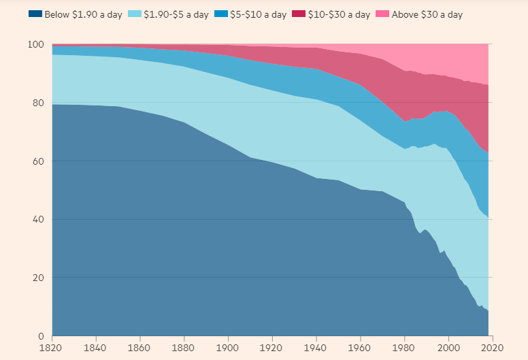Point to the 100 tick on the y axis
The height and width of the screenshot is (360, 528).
tap(36, 45)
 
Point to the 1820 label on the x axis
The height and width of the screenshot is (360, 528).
tap(52, 348)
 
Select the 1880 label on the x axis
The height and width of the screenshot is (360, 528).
tap(183, 348)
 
